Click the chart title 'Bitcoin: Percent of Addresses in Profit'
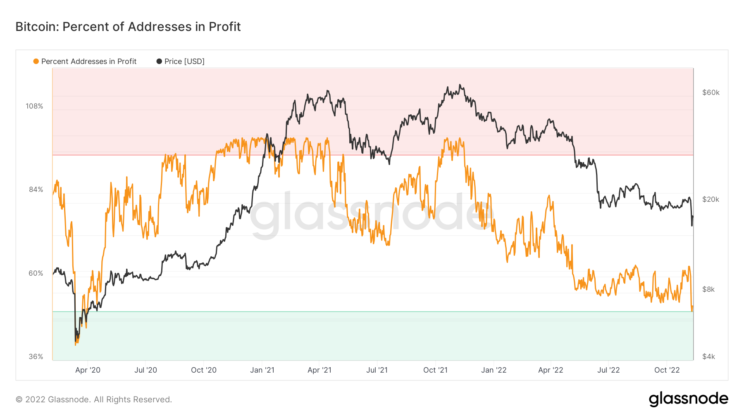128,27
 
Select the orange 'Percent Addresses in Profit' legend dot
36,61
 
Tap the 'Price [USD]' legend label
184,61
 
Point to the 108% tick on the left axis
34,106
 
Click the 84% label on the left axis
36,190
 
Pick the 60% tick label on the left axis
36,274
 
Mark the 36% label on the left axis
36,357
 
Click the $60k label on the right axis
711,92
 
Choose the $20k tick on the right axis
711,200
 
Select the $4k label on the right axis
708,357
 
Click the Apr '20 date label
88,370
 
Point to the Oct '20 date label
204,370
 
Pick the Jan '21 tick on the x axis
262,370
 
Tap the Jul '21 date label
377,370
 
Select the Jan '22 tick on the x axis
494,370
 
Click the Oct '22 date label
667,370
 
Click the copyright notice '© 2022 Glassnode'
93,399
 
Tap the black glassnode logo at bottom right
688,399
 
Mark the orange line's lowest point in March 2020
76,345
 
